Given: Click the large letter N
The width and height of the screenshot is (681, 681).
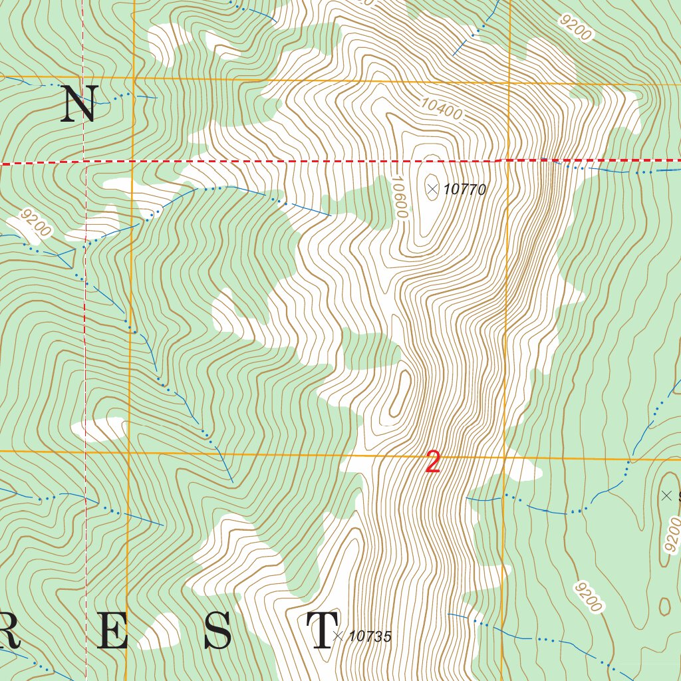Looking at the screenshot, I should tap(79, 104).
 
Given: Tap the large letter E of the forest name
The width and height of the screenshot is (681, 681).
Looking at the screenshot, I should tap(112, 632).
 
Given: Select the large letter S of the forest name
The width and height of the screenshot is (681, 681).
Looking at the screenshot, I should tap(218, 632).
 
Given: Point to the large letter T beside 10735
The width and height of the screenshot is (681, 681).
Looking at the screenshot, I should tap(322, 632).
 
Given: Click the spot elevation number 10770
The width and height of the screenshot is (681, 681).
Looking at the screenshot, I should tap(464, 190).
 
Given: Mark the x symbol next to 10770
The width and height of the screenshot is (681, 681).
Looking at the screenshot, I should tap(432, 190).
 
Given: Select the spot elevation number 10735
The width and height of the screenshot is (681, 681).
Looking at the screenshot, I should tap(370, 636).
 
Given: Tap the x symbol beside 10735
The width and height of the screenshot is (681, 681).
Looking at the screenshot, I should tap(338, 636).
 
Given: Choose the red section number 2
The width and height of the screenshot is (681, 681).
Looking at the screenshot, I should tap(433, 462).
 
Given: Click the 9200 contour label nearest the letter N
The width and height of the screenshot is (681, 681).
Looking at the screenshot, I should tap(35, 223).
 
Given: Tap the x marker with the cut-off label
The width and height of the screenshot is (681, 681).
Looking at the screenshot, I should tap(667, 495).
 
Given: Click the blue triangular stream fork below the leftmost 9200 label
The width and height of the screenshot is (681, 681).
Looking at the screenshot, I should tap(66, 257).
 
